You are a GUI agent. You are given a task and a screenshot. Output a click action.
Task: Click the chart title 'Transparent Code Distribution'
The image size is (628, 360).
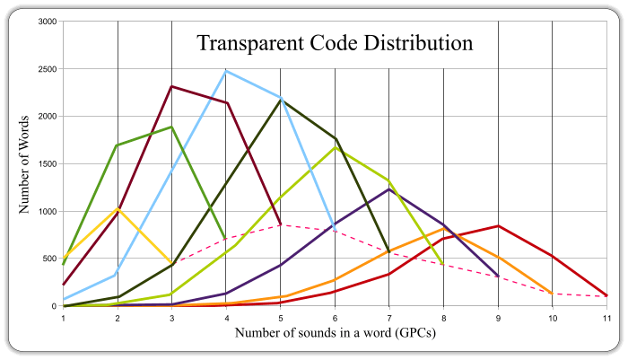point(335,42)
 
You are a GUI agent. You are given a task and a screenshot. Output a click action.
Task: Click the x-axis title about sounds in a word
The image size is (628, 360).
point(335,332)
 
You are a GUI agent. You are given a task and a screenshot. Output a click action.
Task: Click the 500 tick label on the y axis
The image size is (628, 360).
point(51,259)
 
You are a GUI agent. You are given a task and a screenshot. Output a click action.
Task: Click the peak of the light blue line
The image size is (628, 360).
point(226,71)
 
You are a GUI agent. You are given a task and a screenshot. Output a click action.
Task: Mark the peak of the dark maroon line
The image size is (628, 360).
point(172,86)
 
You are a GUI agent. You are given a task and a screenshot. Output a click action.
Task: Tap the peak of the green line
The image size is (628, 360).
point(171,127)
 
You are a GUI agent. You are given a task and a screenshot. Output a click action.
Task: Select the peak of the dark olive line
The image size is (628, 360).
point(281,101)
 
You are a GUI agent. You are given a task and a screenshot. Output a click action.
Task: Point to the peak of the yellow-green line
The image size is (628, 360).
point(335,147)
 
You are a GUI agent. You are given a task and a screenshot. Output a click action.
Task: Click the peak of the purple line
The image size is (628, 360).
point(389,189)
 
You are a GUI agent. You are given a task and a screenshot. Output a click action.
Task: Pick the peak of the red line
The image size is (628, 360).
point(498,226)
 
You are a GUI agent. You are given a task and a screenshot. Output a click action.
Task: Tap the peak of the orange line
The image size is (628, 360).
point(443,229)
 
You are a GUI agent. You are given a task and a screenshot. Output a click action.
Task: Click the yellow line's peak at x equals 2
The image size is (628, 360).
point(118,209)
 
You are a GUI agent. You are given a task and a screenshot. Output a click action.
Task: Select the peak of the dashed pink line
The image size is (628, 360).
point(281,224)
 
